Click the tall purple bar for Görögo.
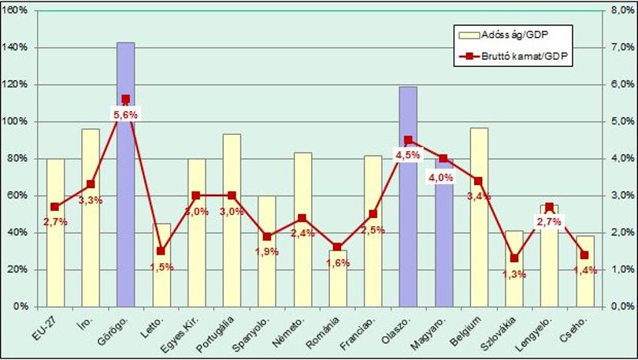pyautogui.click(x=126, y=175)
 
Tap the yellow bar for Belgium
pyautogui.click(x=479, y=217)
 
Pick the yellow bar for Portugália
pyautogui.click(x=232, y=220)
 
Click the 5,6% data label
pyautogui.click(x=126, y=115)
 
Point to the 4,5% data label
pyautogui.click(x=408, y=155)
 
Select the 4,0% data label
pyautogui.click(x=441, y=177)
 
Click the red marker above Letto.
pyautogui.click(x=161, y=251)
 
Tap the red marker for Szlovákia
pyautogui.click(x=514, y=258)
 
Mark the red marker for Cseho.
pyautogui.click(x=584, y=255)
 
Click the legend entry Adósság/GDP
pyautogui.click(x=504, y=35)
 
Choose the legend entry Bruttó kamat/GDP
pyautogui.click(x=514, y=57)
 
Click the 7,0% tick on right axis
pyautogui.click(x=622, y=47)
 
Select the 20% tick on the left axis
pyautogui.click(x=18, y=269)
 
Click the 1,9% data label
pyautogui.click(x=267, y=252)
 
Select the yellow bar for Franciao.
pyautogui.click(x=373, y=231)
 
